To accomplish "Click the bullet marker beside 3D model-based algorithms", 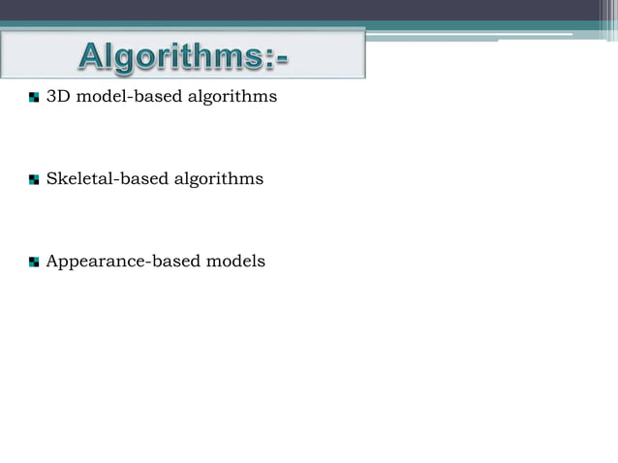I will click(35, 98).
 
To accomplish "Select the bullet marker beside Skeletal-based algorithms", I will click(35, 180).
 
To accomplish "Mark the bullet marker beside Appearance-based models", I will click(35, 262).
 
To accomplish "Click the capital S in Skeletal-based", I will click(52, 179).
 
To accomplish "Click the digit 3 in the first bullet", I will click(51, 97).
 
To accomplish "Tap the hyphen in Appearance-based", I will click(145, 262).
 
